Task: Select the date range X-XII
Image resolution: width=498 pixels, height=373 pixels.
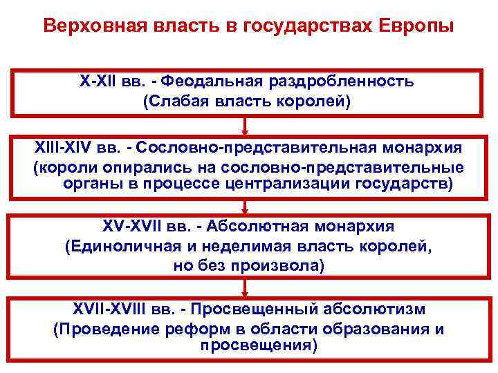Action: click(100, 82)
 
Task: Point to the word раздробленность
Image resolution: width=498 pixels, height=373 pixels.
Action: click(338, 82)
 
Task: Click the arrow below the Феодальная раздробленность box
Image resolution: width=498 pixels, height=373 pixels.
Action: click(246, 126)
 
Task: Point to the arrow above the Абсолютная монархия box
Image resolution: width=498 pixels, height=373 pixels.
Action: click(246, 206)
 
